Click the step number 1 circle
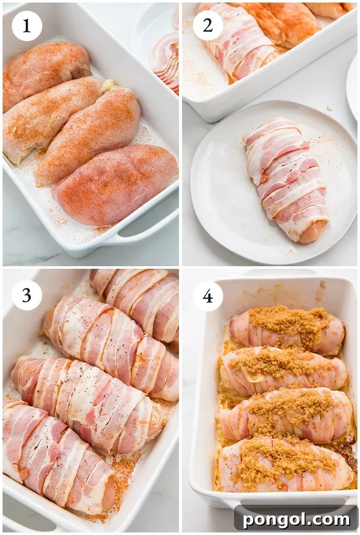click(27, 26)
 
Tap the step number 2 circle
click(208, 26)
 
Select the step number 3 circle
click(27, 295)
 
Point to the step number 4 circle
click(208, 296)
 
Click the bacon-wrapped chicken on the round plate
click(286, 177)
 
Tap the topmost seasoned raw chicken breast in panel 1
click(46, 72)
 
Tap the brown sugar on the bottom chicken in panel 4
click(280, 460)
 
